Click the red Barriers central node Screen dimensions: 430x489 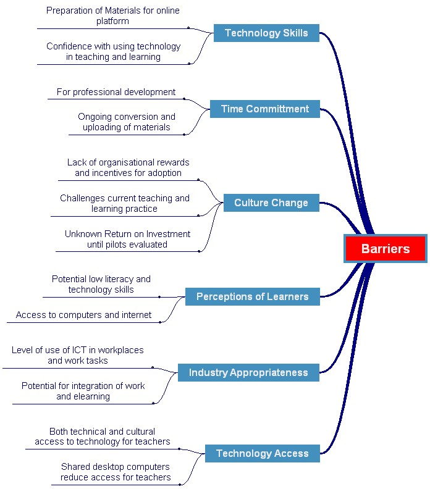(x=386, y=249)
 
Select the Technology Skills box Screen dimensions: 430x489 (x=266, y=33)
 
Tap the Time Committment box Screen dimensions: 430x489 (x=265, y=109)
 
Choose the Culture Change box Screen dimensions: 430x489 (x=271, y=203)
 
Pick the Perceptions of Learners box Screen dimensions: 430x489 (x=253, y=296)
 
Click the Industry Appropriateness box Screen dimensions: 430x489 (x=249, y=372)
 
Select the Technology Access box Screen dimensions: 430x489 (x=263, y=453)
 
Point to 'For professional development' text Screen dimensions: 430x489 (x=116, y=92)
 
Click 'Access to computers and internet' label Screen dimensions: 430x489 (x=83, y=315)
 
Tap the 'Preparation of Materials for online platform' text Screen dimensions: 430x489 (x=113, y=15)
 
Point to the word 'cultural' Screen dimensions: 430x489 (x=139, y=432)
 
